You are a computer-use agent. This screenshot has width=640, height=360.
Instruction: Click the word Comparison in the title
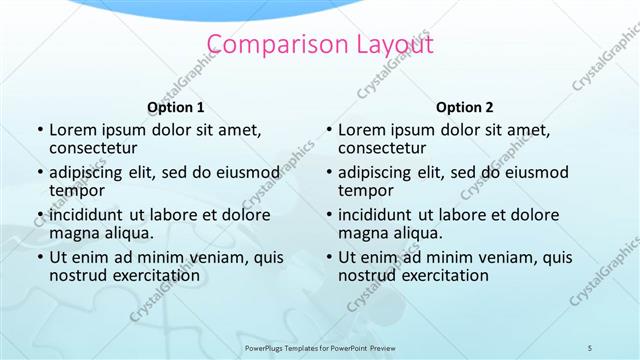tap(263, 44)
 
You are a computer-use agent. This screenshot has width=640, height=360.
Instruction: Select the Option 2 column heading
tap(464, 107)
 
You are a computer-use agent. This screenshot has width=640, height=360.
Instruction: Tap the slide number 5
tap(590, 346)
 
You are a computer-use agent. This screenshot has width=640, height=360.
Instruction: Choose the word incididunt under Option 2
tap(379, 215)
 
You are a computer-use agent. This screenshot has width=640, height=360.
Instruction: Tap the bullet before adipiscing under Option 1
tap(39, 172)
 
